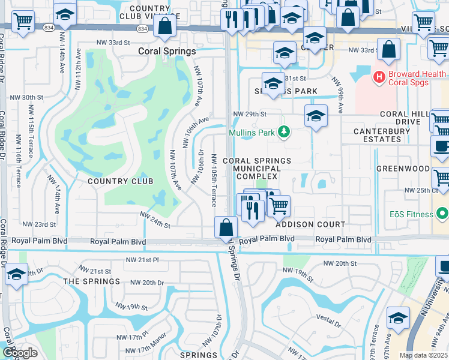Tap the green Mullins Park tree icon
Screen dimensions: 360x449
coord(286,132)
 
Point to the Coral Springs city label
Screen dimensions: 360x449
coord(167,52)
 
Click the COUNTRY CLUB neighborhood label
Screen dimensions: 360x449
coord(120,181)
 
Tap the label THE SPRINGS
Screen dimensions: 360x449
coord(92,281)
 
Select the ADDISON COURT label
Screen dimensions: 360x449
coord(310,224)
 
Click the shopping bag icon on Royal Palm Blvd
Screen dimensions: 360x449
coord(226,227)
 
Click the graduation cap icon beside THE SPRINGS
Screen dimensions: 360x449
coord(16,274)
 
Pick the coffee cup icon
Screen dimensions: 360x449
coord(441,146)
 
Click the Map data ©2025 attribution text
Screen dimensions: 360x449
coord(423,355)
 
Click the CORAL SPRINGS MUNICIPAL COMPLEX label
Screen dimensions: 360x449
coord(257,169)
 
